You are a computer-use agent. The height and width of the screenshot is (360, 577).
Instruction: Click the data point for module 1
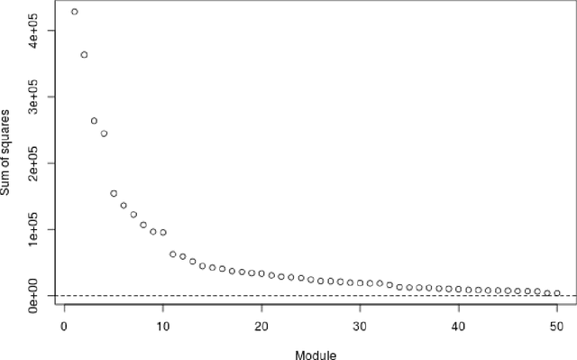[74, 12]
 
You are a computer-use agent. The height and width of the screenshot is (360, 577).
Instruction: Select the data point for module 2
[84, 55]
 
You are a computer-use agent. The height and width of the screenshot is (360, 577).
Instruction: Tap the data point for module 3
[94, 121]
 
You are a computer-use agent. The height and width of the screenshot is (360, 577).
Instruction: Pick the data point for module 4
[104, 134]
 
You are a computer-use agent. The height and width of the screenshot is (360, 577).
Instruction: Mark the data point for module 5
[114, 193]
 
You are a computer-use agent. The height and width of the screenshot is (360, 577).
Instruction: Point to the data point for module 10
[163, 232]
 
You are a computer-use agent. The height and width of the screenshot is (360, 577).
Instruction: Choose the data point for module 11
[173, 254]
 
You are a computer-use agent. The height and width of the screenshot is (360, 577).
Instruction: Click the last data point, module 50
[557, 293]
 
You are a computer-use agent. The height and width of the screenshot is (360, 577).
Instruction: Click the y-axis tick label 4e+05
[34, 31]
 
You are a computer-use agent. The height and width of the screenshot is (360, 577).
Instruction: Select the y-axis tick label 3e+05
[34, 97]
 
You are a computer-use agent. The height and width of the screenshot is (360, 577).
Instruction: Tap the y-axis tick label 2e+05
[34, 163]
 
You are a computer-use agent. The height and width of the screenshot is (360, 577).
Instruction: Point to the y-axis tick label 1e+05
[34, 229]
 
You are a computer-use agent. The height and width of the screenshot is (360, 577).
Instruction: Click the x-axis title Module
[316, 353]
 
